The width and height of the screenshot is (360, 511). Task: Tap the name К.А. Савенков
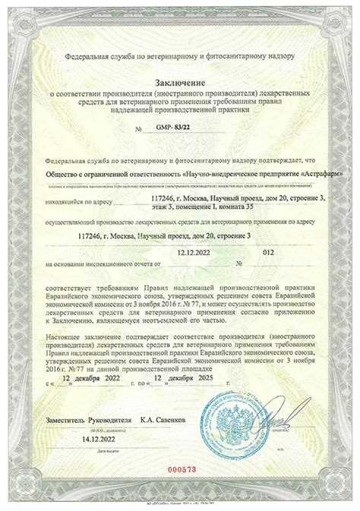click(x=162, y=418)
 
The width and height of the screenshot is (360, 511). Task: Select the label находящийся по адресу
click(x=80, y=203)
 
